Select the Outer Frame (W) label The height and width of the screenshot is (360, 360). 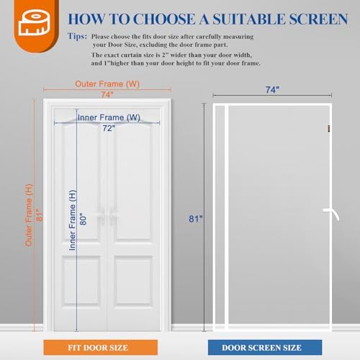pos(107,84)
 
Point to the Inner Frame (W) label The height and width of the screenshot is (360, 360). pos(109,117)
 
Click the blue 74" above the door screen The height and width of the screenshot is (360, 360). pos(271,90)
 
